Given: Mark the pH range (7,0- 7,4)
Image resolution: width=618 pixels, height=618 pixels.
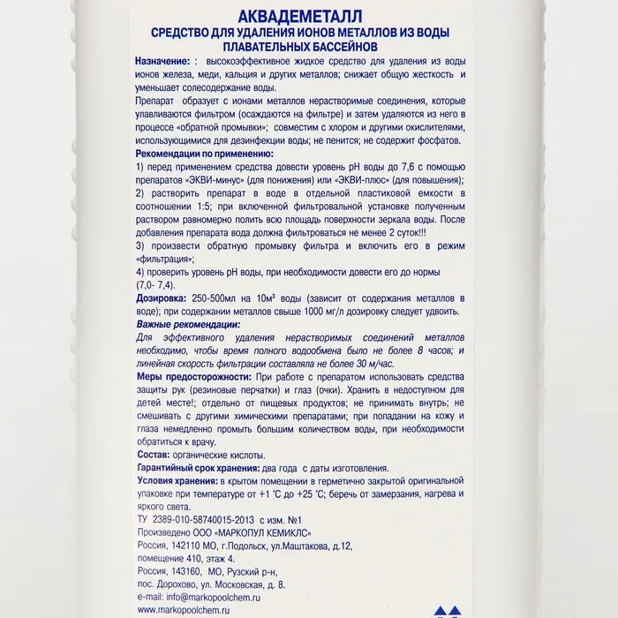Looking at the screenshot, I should point(155,285).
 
